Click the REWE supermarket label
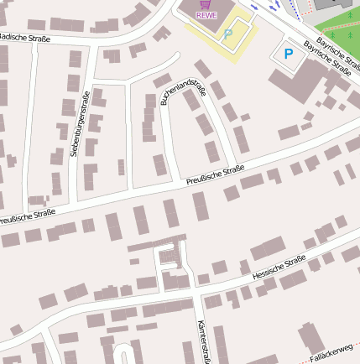(x=206, y=15)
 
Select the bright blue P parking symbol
(x=289, y=55)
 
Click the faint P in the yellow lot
(x=228, y=34)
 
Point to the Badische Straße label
(x=23, y=38)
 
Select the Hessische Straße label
(x=279, y=268)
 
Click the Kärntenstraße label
(x=201, y=341)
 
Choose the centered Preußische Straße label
(x=214, y=175)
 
